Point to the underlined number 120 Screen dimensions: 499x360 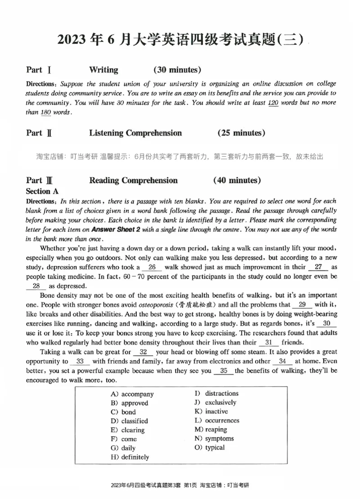click(273, 103)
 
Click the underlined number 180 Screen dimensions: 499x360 click(45, 112)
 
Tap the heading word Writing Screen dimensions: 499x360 click(103, 70)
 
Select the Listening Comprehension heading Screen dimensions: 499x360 click(135, 133)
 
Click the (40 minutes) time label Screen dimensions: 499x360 click(237, 181)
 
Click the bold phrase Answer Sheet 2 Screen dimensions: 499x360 click(117, 229)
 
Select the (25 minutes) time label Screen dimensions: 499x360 click(241, 133)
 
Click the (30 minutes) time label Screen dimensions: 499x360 click(177, 70)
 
